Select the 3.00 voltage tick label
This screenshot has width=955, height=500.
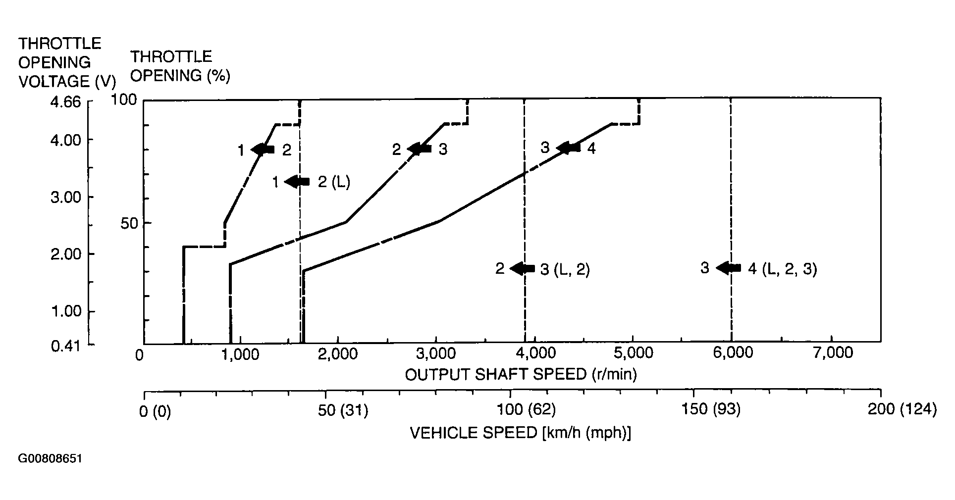(65, 197)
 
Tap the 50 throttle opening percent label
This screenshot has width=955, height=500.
(128, 223)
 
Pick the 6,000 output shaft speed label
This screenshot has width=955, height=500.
(731, 353)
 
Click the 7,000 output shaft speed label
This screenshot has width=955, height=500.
(830, 353)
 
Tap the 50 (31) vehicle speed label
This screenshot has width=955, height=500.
(343, 410)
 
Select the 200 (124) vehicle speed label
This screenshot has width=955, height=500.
(902, 410)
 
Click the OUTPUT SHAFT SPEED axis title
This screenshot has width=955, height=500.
(521, 374)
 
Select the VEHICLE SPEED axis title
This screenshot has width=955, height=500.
(521, 433)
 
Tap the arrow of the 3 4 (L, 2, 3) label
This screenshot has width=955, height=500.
(729, 268)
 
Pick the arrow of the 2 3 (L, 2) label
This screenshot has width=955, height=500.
(523, 268)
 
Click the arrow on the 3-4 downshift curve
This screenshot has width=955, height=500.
(568, 148)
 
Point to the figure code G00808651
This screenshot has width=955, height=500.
(50, 459)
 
